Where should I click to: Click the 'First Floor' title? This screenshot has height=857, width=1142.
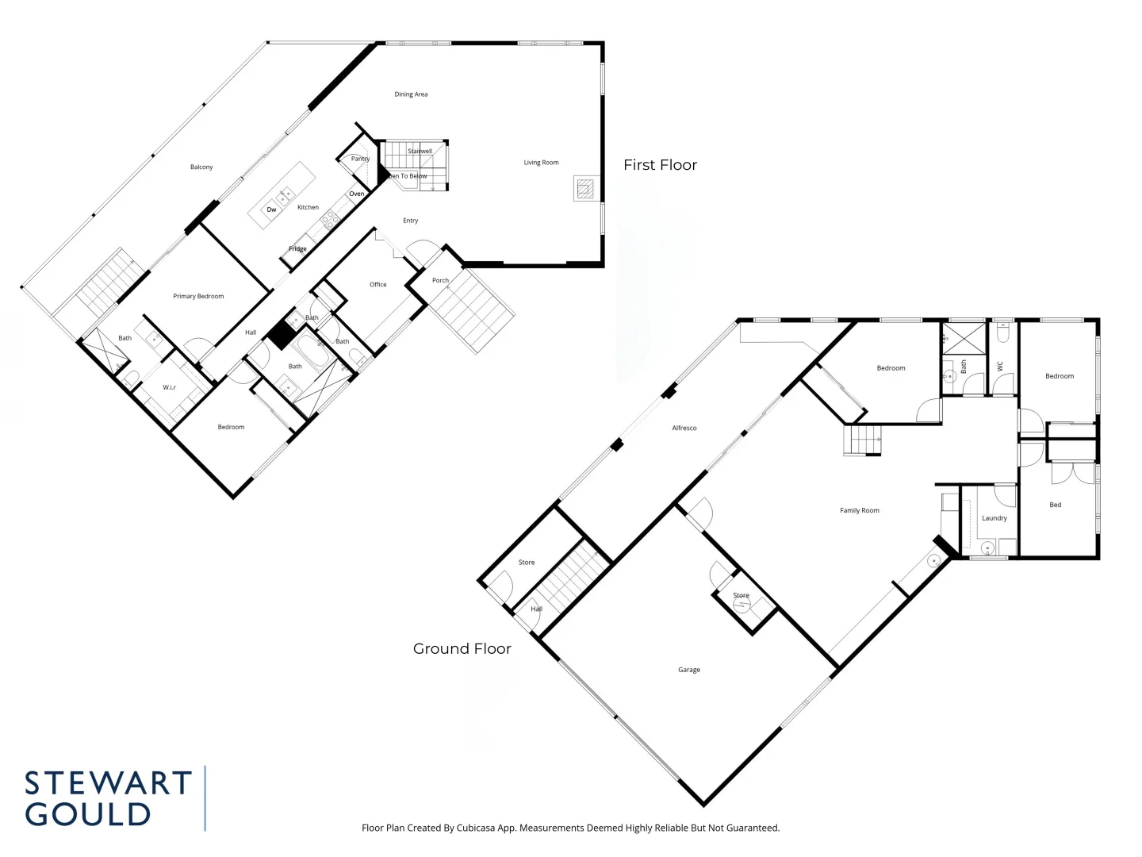coord(660,165)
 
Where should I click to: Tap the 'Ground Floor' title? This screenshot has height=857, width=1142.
coord(462,649)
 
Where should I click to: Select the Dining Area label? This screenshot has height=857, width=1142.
coord(411,94)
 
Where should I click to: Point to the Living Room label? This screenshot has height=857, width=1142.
coord(541,163)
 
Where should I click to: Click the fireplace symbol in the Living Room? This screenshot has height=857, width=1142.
coord(584,188)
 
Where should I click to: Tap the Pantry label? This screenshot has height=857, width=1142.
coord(360,159)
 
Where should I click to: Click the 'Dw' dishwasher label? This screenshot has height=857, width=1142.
coord(271,209)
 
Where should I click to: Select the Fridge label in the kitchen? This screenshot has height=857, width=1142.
coord(297,249)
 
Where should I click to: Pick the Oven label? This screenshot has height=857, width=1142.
coord(357,194)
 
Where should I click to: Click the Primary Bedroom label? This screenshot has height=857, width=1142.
coord(198,297)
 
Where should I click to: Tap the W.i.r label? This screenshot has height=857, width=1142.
coord(170,387)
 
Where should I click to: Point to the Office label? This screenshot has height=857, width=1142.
coord(378,285)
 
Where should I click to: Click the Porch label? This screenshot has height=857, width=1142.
coord(440,280)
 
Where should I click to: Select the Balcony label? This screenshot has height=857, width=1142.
coord(201,167)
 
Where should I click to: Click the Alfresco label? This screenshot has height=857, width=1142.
coord(684,428)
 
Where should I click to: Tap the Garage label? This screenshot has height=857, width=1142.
coord(689,670)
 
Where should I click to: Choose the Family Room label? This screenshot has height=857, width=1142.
coord(860,511)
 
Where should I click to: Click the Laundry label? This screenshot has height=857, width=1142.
coord(994,518)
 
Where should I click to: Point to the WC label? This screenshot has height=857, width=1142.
coord(1000,367)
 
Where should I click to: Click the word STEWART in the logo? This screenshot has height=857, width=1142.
coord(109,783)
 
